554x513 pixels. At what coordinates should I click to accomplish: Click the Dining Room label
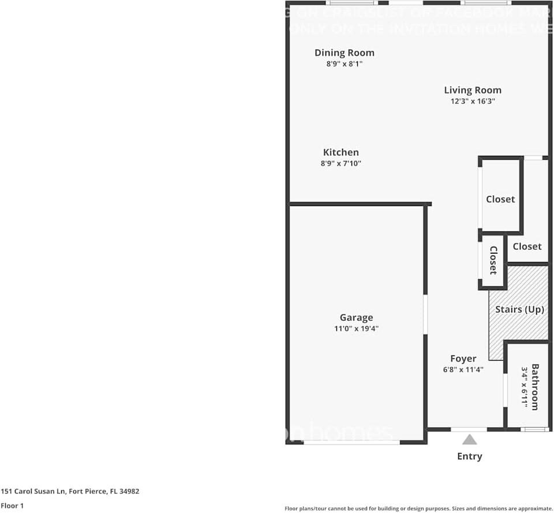pyautogui.click(x=344, y=53)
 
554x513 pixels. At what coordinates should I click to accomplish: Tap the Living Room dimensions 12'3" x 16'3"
pyautogui.click(x=473, y=101)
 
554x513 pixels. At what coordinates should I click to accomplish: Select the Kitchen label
pyautogui.click(x=340, y=152)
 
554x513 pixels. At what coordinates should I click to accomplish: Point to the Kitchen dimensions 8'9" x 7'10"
pyautogui.click(x=340, y=163)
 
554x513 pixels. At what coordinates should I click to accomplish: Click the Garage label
pyautogui.click(x=356, y=317)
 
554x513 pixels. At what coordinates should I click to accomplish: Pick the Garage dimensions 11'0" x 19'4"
pyautogui.click(x=356, y=328)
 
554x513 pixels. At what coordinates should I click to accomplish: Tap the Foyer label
pyautogui.click(x=463, y=359)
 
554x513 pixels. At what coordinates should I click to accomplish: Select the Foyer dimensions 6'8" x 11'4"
pyautogui.click(x=463, y=370)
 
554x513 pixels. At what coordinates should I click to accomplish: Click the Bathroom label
pyautogui.click(x=535, y=387)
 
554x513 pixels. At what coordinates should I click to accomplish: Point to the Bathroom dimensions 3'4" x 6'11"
pyautogui.click(x=525, y=387)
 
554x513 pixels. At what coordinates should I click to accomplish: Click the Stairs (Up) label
pyautogui.click(x=519, y=309)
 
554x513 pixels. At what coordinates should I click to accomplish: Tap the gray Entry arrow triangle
pyautogui.click(x=470, y=440)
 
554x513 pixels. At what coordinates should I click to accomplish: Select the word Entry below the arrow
pyautogui.click(x=470, y=456)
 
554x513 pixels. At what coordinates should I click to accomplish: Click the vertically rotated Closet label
pyautogui.click(x=493, y=260)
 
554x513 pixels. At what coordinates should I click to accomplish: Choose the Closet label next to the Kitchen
pyautogui.click(x=500, y=199)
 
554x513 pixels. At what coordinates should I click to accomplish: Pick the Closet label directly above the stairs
pyautogui.click(x=527, y=246)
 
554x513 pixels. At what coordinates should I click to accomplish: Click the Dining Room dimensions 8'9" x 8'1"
pyautogui.click(x=344, y=64)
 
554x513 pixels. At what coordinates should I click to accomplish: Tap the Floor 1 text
pyautogui.click(x=12, y=505)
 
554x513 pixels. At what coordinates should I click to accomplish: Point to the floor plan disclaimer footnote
pyautogui.click(x=418, y=508)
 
